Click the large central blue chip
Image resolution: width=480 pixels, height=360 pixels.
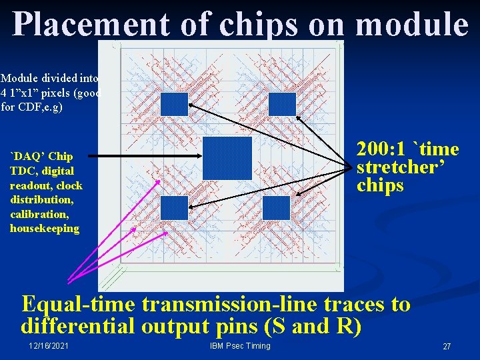click(x=227, y=159)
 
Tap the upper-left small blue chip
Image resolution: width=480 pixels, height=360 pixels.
click(x=175, y=104)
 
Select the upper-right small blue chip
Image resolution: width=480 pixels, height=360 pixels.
click(x=281, y=104)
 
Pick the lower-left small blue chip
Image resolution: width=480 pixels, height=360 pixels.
click(x=174, y=208)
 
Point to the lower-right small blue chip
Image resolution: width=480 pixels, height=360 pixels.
click(x=276, y=208)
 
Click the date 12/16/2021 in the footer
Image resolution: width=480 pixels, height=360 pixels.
click(x=49, y=345)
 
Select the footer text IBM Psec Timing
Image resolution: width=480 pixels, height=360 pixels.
click(x=239, y=345)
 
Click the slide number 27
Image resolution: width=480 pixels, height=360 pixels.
click(x=447, y=346)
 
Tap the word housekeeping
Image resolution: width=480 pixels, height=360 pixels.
click(x=45, y=229)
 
